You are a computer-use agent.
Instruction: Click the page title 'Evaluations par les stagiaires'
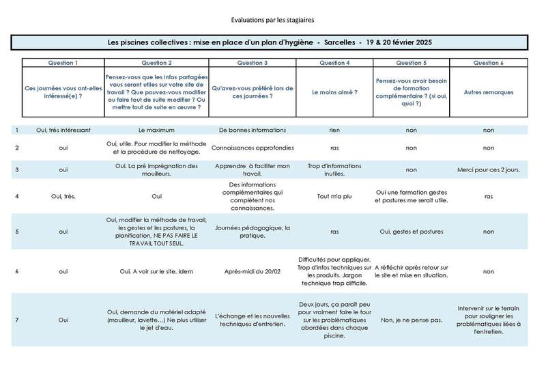point(273,19)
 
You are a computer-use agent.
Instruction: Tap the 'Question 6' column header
point(489,63)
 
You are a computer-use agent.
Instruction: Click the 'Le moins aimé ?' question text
point(334,92)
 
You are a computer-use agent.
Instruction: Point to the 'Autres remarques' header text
point(489,92)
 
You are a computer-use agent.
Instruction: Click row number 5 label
point(17,232)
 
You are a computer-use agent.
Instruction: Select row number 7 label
point(17,319)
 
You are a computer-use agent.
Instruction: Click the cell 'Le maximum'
point(156,130)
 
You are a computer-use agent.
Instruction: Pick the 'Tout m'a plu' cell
point(334,196)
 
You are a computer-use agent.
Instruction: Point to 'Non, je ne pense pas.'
point(412,319)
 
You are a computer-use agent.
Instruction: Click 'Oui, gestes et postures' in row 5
point(412,232)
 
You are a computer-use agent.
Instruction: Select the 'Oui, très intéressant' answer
point(63,130)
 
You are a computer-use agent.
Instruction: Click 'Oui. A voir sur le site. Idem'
point(156,271)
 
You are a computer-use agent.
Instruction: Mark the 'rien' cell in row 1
point(334,130)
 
